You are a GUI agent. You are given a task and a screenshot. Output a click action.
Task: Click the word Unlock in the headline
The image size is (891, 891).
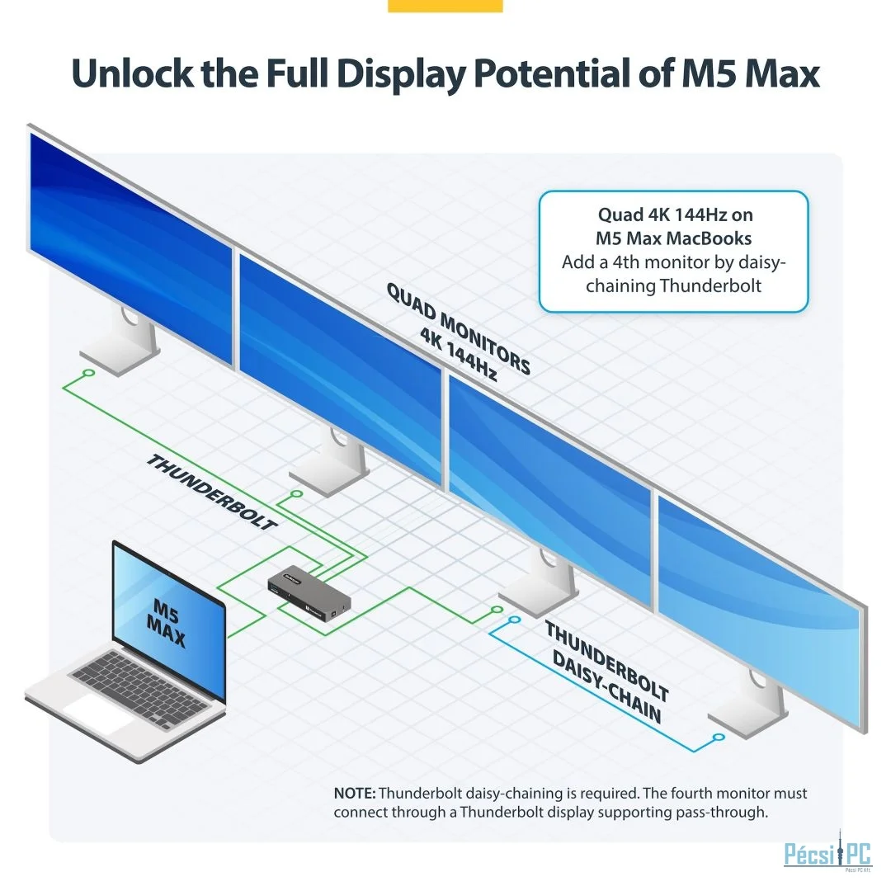(132, 73)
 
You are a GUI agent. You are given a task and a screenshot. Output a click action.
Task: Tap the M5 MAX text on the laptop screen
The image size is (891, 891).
(167, 624)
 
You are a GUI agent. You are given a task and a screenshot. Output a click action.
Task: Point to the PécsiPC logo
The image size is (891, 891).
(827, 853)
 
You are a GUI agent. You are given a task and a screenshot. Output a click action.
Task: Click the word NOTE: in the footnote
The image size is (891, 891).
(355, 793)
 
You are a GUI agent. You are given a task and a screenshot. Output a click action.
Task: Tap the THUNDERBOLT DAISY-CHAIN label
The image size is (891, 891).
(607, 672)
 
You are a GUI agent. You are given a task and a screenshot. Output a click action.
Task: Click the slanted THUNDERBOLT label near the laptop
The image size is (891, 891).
(212, 492)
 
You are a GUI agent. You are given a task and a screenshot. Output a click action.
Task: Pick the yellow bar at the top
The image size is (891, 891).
(445, 6)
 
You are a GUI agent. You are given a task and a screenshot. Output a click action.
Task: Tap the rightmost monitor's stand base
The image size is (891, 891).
(747, 720)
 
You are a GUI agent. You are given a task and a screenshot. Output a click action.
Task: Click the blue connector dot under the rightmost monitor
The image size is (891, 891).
(719, 737)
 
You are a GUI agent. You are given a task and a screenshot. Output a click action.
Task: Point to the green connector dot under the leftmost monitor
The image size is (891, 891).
(88, 373)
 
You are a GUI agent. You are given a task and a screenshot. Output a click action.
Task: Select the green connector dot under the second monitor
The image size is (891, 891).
(297, 494)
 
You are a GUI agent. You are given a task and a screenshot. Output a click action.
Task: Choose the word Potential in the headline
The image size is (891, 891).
(551, 73)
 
